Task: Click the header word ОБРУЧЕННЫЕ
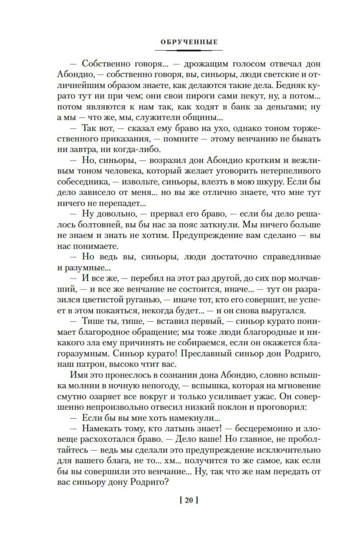tap(189, 42)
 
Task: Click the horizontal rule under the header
tap(189, 50)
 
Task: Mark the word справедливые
tap(291, 257)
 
